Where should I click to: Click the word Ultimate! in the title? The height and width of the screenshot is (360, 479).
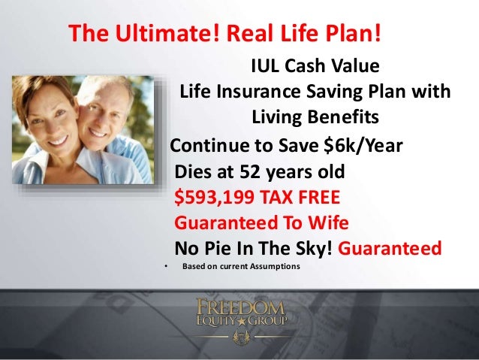[155, 34]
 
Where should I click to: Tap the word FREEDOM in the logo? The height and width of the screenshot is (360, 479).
[240, 307]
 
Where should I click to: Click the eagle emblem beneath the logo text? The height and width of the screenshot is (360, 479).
[239, 335]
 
